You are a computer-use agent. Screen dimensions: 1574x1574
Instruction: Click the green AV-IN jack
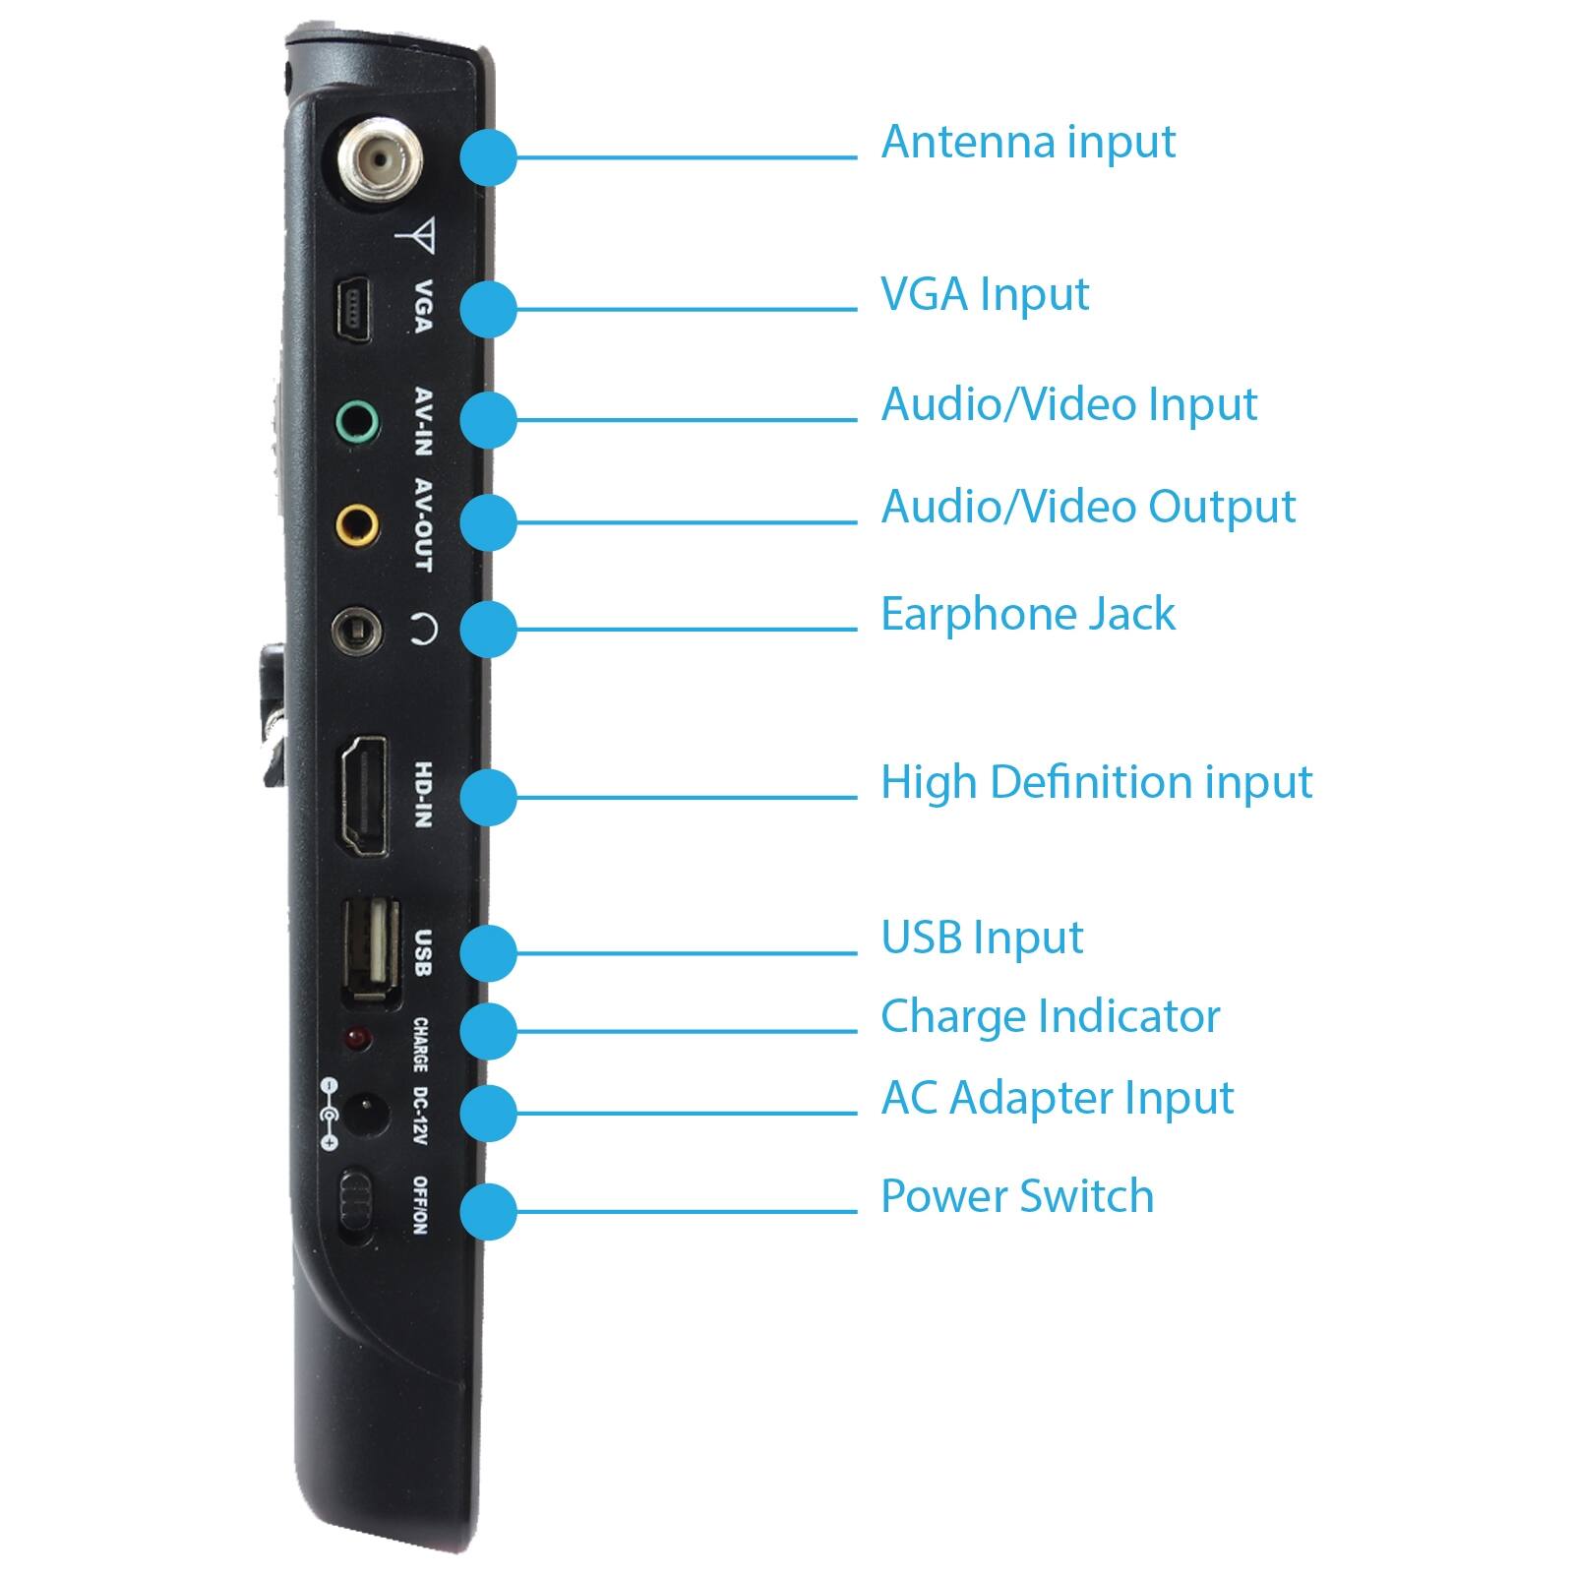pos(356,424)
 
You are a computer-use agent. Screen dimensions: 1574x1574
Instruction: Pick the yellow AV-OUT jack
pos(356,524)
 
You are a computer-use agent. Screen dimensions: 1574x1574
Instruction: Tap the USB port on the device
pos(371,951)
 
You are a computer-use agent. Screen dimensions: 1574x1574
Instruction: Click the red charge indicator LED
pos(356,1039)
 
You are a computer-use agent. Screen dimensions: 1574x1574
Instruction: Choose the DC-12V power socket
pos(364,1113)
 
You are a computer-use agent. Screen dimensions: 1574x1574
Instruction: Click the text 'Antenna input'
pos(1027,142)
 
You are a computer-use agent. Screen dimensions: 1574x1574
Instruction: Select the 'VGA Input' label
pos(984,294)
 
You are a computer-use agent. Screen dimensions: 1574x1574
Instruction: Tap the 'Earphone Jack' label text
pos(1027,614)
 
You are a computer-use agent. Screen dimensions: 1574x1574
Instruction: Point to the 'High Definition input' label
pos(1095,783)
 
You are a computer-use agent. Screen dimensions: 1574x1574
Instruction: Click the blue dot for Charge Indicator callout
pos(488,1031)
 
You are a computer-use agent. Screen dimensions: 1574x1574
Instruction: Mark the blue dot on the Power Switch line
pos(488,1211)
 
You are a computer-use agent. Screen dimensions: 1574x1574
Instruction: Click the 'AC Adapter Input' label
pos(1057,1098)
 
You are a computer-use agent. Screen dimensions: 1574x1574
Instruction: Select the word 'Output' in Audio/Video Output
pos(1222,508)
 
